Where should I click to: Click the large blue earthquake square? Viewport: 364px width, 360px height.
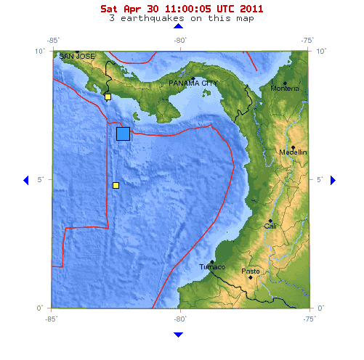point(123,134)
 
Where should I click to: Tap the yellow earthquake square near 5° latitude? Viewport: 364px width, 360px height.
point(116,186)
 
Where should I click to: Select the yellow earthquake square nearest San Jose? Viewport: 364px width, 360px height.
point(108,97)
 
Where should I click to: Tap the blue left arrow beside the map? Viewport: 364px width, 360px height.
point(26,180)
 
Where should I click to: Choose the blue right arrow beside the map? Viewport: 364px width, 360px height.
point(333,180)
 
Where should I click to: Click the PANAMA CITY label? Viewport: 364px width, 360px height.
point(193,83)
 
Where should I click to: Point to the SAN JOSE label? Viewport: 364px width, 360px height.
point(77,56)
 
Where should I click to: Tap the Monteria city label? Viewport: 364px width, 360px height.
point(285,89)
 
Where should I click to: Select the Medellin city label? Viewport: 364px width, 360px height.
point(294,152)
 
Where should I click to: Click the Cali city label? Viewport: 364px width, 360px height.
point(270,226)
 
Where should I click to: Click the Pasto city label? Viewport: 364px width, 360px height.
point(251,271)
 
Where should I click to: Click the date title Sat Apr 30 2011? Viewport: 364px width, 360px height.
point(182,9)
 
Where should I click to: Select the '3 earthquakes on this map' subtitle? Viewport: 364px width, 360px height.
point(182,18)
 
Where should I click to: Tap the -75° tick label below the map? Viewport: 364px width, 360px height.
point(309,318)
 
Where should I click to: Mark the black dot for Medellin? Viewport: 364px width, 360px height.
point(293,147)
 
